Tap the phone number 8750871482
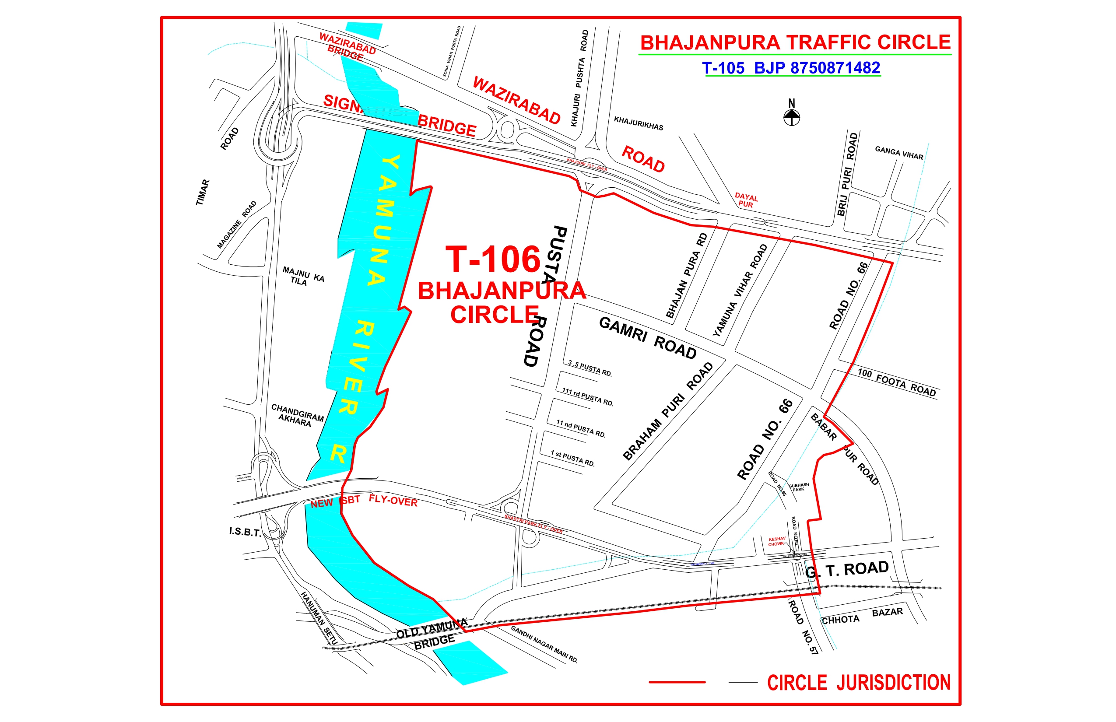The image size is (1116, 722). click(x=835, y=68)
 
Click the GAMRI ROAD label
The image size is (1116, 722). click(x=648, y=337)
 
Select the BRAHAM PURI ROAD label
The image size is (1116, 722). click(x=667, y=411)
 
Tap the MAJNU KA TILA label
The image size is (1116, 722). click(x=303, y=276)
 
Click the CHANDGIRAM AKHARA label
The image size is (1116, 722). click(x=297, y=415)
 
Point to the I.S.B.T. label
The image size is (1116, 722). click(x=245, y=532)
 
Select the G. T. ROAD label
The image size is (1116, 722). click(x=846, y=570)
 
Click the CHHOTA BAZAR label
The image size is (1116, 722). click(x=862, y=616)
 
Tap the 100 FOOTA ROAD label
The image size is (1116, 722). click(x=897, y=382)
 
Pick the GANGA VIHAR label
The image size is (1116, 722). click(x=899, y=153)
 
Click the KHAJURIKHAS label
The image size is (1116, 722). click(x=638, y=123)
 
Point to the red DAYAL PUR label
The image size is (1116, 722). click(x=746, y=200)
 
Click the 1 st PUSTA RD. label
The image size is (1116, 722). click(x=572, y=459)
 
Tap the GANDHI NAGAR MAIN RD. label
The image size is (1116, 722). click(x=544, y=644)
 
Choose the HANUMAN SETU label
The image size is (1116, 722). click(x=319, y=617)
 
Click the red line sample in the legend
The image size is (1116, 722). click(x=677, y=682)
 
